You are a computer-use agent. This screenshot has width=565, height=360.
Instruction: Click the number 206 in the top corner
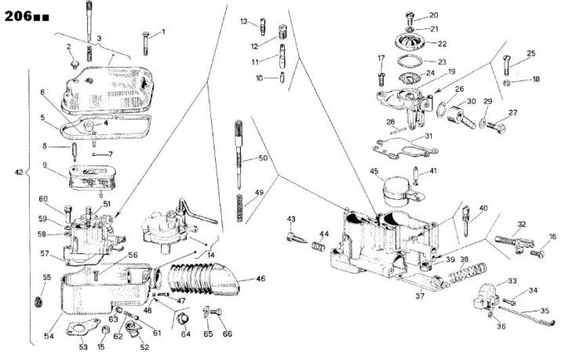(18, 16)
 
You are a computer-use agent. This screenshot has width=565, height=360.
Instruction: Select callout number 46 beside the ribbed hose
(261, 278)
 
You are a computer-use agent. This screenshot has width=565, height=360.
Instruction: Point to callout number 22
(442, 44)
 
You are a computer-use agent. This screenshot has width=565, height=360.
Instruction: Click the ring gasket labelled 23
(410, 61)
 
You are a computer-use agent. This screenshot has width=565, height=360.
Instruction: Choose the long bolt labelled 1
(146, 43)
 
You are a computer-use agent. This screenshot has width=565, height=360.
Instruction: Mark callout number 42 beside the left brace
(19, 173)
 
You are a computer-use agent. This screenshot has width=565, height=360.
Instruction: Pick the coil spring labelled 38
(468, 272)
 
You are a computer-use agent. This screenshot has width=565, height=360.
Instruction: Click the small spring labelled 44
(318, 246)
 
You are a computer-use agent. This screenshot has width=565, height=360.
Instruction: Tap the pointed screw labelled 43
(297, 238)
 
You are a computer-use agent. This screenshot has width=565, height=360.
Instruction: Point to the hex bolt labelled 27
(496, 127)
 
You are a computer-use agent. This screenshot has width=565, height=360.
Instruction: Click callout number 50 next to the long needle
(263, 158)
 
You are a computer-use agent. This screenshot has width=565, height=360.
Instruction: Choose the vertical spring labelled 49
(239, 208)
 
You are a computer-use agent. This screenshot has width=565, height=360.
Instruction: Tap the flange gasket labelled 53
(83, 327)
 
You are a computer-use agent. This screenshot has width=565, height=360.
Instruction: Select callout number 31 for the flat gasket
(428, 136)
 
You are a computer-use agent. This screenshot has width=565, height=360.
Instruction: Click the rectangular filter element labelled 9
(92, 177)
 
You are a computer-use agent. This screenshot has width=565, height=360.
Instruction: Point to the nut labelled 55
(38, 302)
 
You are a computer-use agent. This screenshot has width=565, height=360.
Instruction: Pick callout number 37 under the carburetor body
(420, 296)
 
